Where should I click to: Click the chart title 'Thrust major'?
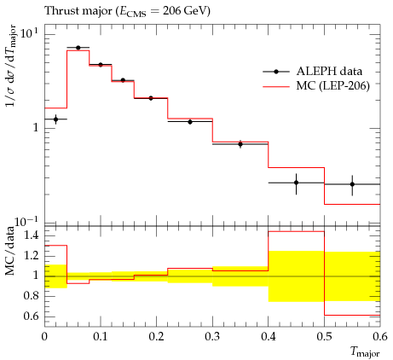click(x=78, y=11)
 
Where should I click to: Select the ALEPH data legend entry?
click(x=313, y=72)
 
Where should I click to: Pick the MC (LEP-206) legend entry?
click(x=316, y=85)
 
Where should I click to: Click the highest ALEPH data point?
click(x=78, y=48)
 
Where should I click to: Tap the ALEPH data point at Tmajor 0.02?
click(x=55, y=119)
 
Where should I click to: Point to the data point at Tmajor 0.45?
click(x=297, y=183)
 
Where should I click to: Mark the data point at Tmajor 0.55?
click(x=352, y=184)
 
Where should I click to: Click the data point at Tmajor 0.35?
click(x=240, y=144)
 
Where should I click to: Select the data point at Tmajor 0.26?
click(x=190, y=122)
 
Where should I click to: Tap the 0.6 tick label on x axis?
click(x=380, y=337)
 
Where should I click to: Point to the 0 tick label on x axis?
click(x=44, y=337)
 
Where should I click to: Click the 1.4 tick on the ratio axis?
click(x=31, y=235)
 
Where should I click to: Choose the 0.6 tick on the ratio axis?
click(x=31, y=316)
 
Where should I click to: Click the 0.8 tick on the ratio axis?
click(x=31, y=296)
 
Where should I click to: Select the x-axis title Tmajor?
click(x=365, y=352)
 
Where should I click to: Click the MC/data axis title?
click(x=10, y=251)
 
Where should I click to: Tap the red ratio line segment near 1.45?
click(x=297, y=231)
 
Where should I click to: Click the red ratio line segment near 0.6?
click(x=352, y=315)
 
